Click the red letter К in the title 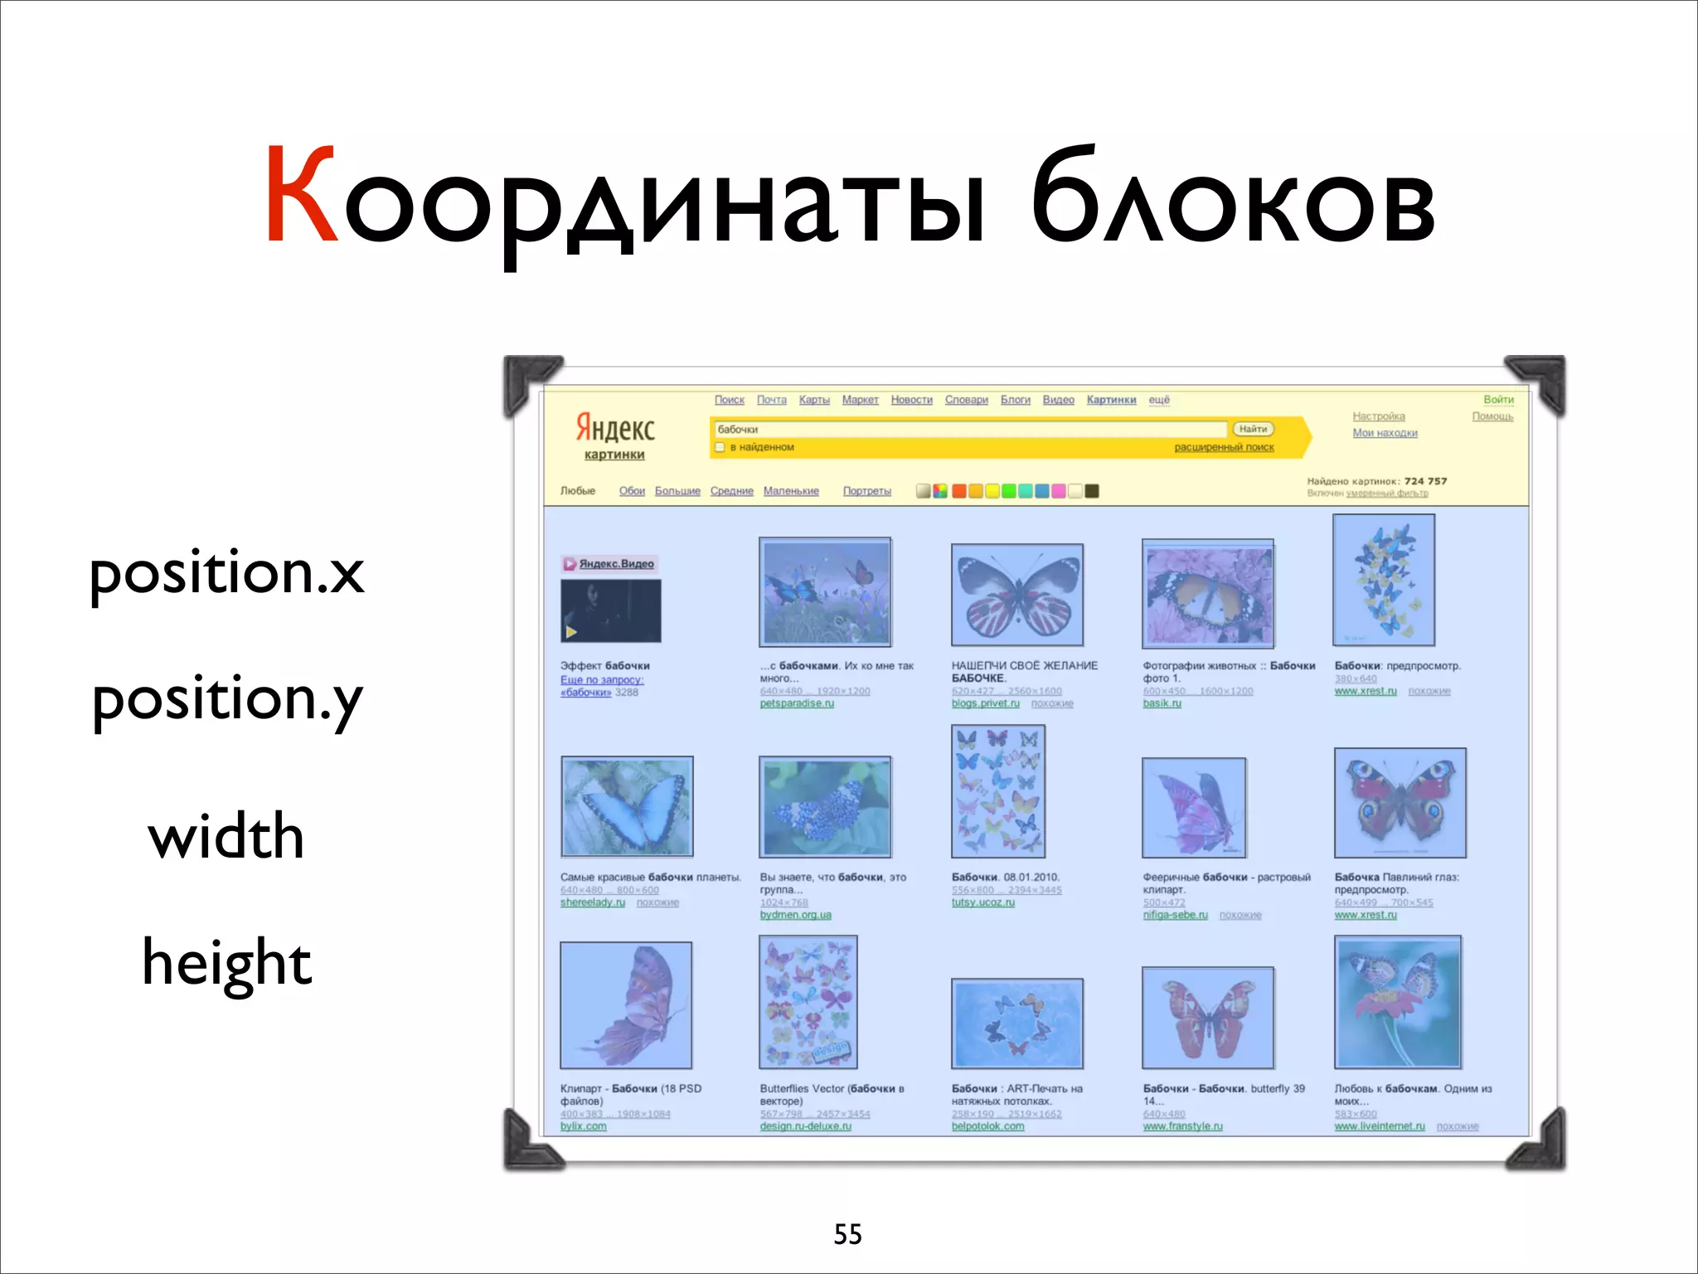(x=301, y=196)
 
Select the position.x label (x=226, y=573)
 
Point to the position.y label (x=227, y=701)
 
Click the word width (x=226, y=836)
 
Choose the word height (x=226, y=962)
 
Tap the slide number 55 (x=847, y=1234)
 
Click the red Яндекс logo (x=615, y=428)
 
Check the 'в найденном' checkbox (x=720, y=448)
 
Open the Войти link (x=1498, y=400)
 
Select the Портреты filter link (x=866, y=491)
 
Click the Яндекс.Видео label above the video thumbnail (x=616, y=564)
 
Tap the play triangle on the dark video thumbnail (x=571, y=632)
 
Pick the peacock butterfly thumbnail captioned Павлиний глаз (x=1400, y=802)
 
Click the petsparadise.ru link (x=797, y=703)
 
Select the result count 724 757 (x=1425, y=481)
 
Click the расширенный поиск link (x=1224, y=448)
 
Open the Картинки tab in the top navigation (x=1111, y=400)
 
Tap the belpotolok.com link (x=987, y=1126)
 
